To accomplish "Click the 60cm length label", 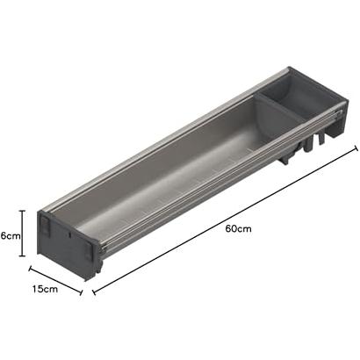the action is click(x=238, y=228).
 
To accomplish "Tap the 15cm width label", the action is click(x=45, y=289).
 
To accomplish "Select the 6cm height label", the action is click(x=11, y=235).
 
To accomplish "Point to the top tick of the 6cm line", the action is click(x=22, y=211).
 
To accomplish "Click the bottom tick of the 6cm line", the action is click(x=22, y=256).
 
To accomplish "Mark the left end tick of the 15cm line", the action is click(x=30, y=269).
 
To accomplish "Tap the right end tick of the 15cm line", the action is click(x=82, y=292).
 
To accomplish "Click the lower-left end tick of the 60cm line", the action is click(x=94, y=292).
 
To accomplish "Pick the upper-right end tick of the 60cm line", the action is click(x=356, y=148).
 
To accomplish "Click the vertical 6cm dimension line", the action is click(x=22, y=234).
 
